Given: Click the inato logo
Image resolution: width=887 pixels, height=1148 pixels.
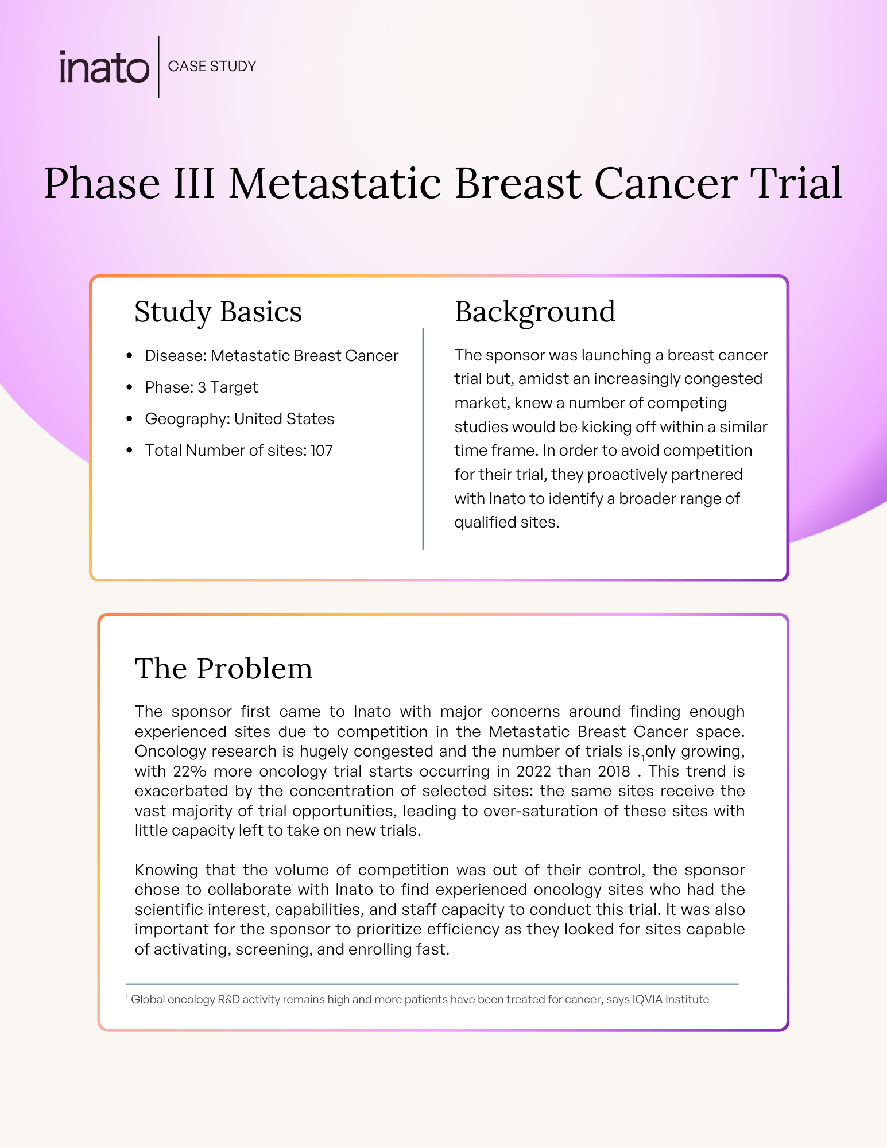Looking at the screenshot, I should click(104, 68).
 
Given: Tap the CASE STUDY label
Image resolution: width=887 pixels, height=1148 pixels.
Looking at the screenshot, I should click(212, 67).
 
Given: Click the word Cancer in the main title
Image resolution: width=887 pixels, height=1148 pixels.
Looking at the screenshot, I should click(665, 184).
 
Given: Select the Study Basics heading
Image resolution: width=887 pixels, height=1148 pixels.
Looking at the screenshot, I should click(218, 312).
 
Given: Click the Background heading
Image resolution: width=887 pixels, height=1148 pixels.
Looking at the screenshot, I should click(534, 312).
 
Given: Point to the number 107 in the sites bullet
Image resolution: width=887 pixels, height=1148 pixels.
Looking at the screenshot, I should click(322, 451).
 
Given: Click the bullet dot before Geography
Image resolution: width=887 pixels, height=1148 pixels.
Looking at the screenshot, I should click(129, 419).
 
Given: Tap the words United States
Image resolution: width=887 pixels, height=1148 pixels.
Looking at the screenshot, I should click(284, 419).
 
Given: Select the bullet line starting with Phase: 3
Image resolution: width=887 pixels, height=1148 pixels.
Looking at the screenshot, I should click(202, 387).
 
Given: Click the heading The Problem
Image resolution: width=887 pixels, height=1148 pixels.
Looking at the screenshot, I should click(223, 669).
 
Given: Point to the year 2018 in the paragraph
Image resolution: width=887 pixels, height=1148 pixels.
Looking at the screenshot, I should click(614, 771).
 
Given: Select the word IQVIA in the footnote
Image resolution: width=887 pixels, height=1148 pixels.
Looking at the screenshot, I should click(650, 999).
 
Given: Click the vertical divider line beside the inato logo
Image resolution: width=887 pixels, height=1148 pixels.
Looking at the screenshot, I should click(159, 67).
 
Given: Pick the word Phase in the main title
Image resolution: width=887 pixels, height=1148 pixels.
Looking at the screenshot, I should click(102, 184).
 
